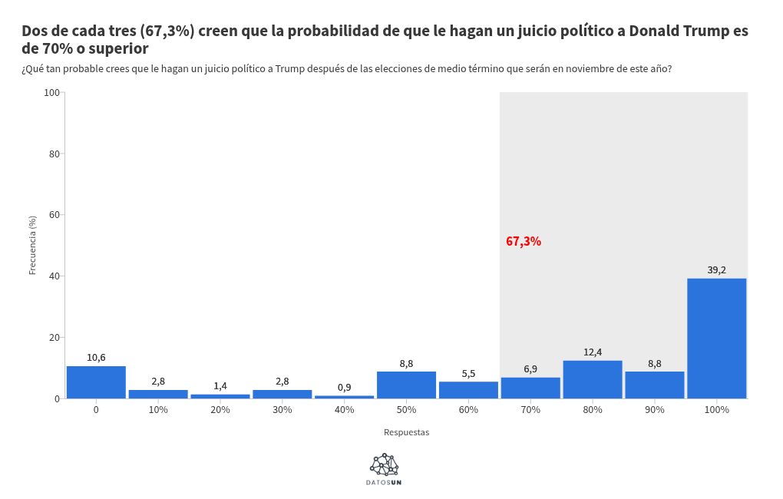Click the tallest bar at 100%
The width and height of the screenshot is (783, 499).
pyautogui.click(x=716, y=338)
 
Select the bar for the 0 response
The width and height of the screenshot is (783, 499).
pyautogui.click(x=96, y=382)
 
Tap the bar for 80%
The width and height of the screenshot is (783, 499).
pyautogui.click(x=592, y=379)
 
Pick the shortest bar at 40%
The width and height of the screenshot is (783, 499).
pyautogui.click(x=344, y=397)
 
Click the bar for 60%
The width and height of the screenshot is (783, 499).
pyautogui.click(x=468, y=390)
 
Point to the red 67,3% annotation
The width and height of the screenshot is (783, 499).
pyautogui.click(x=524, y=241)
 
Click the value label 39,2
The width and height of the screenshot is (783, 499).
pyautogui.click(x=716, y=269)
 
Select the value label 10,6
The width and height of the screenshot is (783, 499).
pyautogui.click(x=96, y=357)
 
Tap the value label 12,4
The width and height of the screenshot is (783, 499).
pyautogui.click(x=592, y=352)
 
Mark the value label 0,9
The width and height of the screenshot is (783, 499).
pyautogui.click(x=344, y=387)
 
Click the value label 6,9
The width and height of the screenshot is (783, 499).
pyautogui.click(x=530, y=368)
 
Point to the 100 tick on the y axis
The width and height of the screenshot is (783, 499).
pyautogui.click(x=52, y=92)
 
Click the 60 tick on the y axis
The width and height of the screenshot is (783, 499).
pyautogui.click(x=55, y=215)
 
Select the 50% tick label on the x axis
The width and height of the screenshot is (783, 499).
pyautogui.click(x=406, y=410)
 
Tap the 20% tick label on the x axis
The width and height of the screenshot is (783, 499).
pyautogui.click(x=220, y=410)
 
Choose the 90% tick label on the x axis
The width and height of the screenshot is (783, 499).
pyautogui.click(x=654, y=410)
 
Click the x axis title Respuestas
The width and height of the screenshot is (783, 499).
pyautogui.click(x=406, y=432)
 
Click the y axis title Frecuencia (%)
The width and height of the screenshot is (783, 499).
pyautogui.click(x=33, y=245)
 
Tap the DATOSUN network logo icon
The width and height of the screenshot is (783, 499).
pyautogui.click(x=384, y=464)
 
